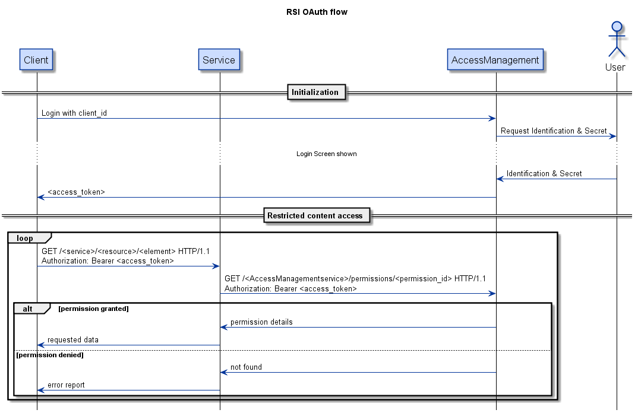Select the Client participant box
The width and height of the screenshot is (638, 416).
click(36, 60)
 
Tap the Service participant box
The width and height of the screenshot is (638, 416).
click(219, 60)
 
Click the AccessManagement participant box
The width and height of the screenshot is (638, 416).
click(495, 60)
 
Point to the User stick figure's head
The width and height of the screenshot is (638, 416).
click(617, 26)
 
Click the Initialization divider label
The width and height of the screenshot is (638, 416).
click(315, 92)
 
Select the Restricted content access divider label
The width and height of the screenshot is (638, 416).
click(315, 215)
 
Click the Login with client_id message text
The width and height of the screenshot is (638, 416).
click(74, 113)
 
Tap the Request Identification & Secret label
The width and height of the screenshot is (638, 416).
click(554, 131)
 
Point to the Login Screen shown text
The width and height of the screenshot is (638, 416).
click(326, 154)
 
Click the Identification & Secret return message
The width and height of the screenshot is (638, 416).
click(544, 173)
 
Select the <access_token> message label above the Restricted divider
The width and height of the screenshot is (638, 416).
click(76, 192)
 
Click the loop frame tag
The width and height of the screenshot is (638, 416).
click(26, 238)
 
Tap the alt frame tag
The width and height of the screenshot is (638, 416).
click(28, 309)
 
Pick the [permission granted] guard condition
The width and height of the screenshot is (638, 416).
click(93, 309)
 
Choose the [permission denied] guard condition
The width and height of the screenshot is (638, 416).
click(50, 355)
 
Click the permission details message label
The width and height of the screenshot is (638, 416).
click(261, 322)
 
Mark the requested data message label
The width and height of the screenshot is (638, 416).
click(73, 339)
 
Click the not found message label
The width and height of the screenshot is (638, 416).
click(246, 367)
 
